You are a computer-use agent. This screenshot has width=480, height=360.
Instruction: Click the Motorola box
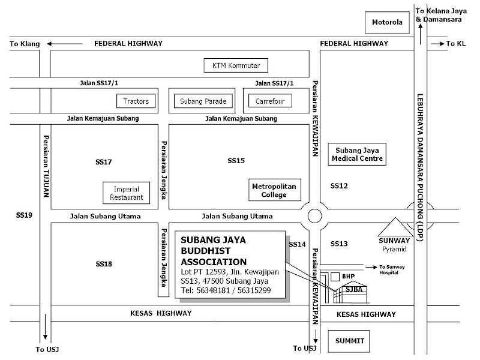[387, 24]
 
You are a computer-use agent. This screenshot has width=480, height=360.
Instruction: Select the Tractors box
[136, 101]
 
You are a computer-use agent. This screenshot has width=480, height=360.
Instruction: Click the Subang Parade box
[203, 101]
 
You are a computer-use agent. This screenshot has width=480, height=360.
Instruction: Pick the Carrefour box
[270, 101]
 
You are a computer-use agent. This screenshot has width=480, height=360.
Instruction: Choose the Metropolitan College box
[274, 191]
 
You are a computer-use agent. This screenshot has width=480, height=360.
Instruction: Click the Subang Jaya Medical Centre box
[358, 154]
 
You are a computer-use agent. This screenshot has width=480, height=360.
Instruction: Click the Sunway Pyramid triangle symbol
[394, 228]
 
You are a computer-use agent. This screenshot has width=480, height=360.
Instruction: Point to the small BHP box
[348, 277]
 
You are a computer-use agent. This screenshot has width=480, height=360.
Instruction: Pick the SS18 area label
[104, 264]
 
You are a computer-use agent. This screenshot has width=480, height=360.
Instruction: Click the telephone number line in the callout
[226, 290]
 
